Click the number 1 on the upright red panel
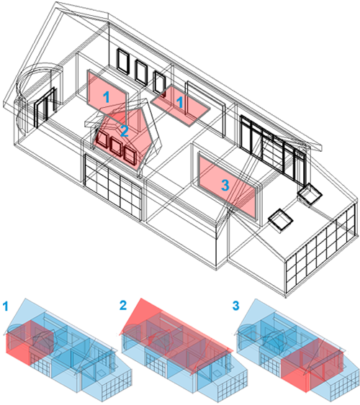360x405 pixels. point(107,97)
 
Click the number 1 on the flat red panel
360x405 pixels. point(179,102)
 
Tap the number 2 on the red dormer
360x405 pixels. point(125,131)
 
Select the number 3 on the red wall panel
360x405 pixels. point(225,185)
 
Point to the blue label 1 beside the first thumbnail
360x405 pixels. point(6,306)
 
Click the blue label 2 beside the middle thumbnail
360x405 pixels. point(123,305)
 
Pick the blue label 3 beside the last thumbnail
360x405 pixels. point(235,305)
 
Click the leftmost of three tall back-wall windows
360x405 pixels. point(122,62)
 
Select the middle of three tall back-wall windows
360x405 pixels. point(141,72)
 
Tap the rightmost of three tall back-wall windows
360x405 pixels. point(159,83)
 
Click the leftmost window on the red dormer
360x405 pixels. point(102,140)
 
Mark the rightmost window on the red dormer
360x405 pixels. point(130,155)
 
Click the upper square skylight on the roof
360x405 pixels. point(310,194)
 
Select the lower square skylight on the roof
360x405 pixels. point(281,219)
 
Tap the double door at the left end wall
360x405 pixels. point(45,107)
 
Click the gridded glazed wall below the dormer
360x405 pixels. point(113,187)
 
